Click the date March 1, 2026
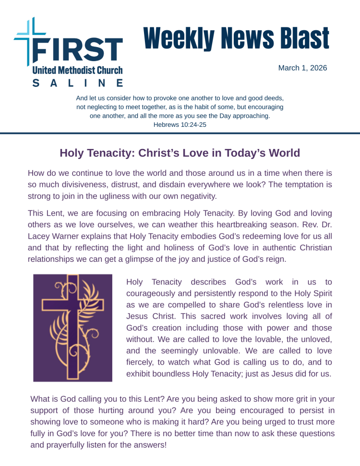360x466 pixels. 302,68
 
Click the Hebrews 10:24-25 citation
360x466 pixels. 180,124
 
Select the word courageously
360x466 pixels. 152,293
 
